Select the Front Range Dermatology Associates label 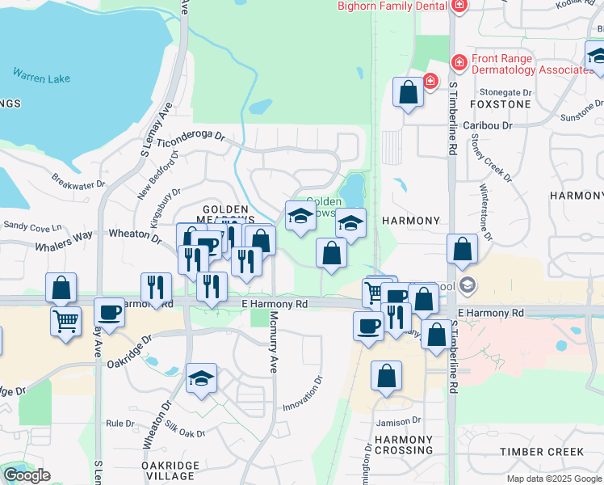(532, 64)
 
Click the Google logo (27, 475)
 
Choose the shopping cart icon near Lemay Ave (66, 319)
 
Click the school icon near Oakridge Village (202, 377)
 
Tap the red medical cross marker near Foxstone (430, 81)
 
